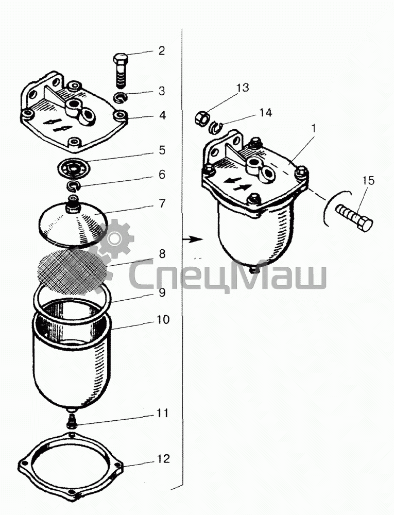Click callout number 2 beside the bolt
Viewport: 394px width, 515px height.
coord(162,51)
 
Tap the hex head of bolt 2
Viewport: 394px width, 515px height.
coord(121,59)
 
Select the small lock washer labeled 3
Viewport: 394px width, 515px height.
coord(121,97)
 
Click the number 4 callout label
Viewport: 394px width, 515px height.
coord(162,115)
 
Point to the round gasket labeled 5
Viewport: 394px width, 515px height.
coord(73,167)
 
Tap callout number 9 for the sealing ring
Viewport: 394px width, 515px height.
coord(162,293)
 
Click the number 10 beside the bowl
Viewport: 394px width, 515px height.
coord(162,319)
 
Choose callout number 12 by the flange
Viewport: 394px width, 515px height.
coord(162,458)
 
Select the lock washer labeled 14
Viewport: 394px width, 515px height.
coord(216,127)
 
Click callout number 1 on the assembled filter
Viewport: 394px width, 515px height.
coord(314,128)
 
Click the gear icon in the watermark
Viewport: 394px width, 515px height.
coord(114,239)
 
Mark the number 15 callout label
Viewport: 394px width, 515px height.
coord(368,181)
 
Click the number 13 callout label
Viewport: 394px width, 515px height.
coord(242,88)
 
